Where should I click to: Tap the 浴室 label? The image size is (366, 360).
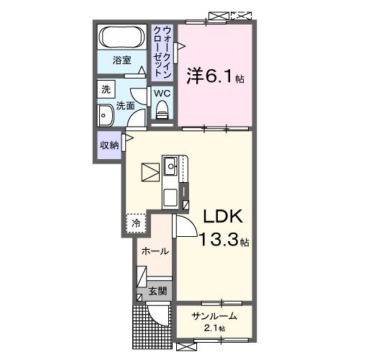(122, 62)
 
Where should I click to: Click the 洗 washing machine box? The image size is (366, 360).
(106, 90)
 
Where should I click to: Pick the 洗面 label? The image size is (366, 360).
(126, 106)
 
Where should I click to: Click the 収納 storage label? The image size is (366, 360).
(109, 145)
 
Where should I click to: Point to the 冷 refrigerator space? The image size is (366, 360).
(136, 224)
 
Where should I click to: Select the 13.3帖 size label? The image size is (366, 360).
(224, 240)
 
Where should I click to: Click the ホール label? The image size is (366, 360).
(155, 251)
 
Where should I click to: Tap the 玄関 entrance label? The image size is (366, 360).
(157, 292)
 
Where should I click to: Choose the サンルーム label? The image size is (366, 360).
(214, 315)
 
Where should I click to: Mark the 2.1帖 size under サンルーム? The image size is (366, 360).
(214, 328)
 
